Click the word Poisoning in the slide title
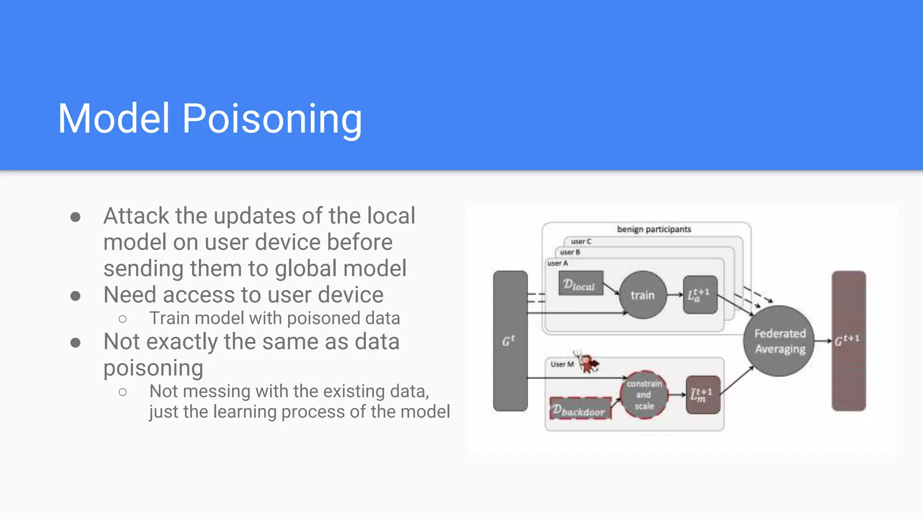click(x=272, y=119)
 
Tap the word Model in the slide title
click(x=114, y=119)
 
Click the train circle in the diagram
click(x=643, y=295)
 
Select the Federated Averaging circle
click(x=780, y=341)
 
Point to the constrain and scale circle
click(x=644, y=395)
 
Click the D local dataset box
click(x=580, y=284)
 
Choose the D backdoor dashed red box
click(x=580, y=409)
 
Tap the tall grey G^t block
click(x=510, y=341)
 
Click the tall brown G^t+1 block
click(x=848, y=341)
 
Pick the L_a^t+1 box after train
click(x=700, y=295)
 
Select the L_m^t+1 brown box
click(x=703, y=395)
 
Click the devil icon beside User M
click(x=587, y=363)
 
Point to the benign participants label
click(x=654, y=229)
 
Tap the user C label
click(x=581, y=241)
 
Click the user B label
click(x=570, y=252)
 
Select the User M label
click(x=562, y=364)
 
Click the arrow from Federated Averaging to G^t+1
click(x=823, y=341)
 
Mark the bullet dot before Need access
click(x=76, y=296)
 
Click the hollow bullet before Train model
click(x=123, y=319)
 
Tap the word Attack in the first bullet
click(x=137, y=216)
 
